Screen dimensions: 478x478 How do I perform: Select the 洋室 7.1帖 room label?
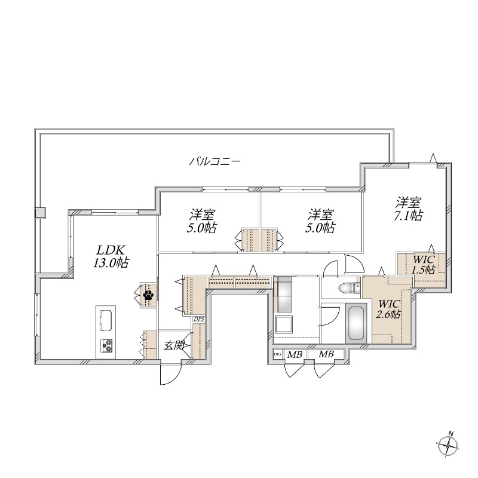pos(408,209)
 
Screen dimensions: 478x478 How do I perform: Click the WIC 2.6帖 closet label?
pos(388,308)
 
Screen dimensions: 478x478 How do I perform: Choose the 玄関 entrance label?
pos(175,345)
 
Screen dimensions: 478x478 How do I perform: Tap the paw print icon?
pos(148,294)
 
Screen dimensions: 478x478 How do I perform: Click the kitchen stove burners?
pos(106,345)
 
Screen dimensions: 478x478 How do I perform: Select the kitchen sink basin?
pos(106,320)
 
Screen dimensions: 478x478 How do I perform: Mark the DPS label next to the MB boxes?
pos(277,355)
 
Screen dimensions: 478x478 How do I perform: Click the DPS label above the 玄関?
pos(198,319)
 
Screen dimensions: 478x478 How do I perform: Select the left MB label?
pos(295,355)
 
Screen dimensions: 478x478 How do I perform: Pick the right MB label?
pos(326,355)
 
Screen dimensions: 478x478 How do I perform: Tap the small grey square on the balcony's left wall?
pos(40,213)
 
